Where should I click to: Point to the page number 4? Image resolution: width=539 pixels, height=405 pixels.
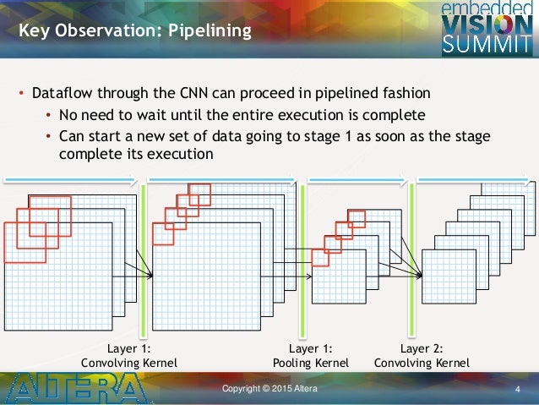517,389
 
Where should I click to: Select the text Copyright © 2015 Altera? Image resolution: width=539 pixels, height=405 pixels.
269,388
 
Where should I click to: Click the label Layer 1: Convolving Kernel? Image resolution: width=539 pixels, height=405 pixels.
128,355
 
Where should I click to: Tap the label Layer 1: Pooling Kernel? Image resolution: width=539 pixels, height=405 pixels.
310,355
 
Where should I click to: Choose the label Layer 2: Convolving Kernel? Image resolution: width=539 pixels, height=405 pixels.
422,355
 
